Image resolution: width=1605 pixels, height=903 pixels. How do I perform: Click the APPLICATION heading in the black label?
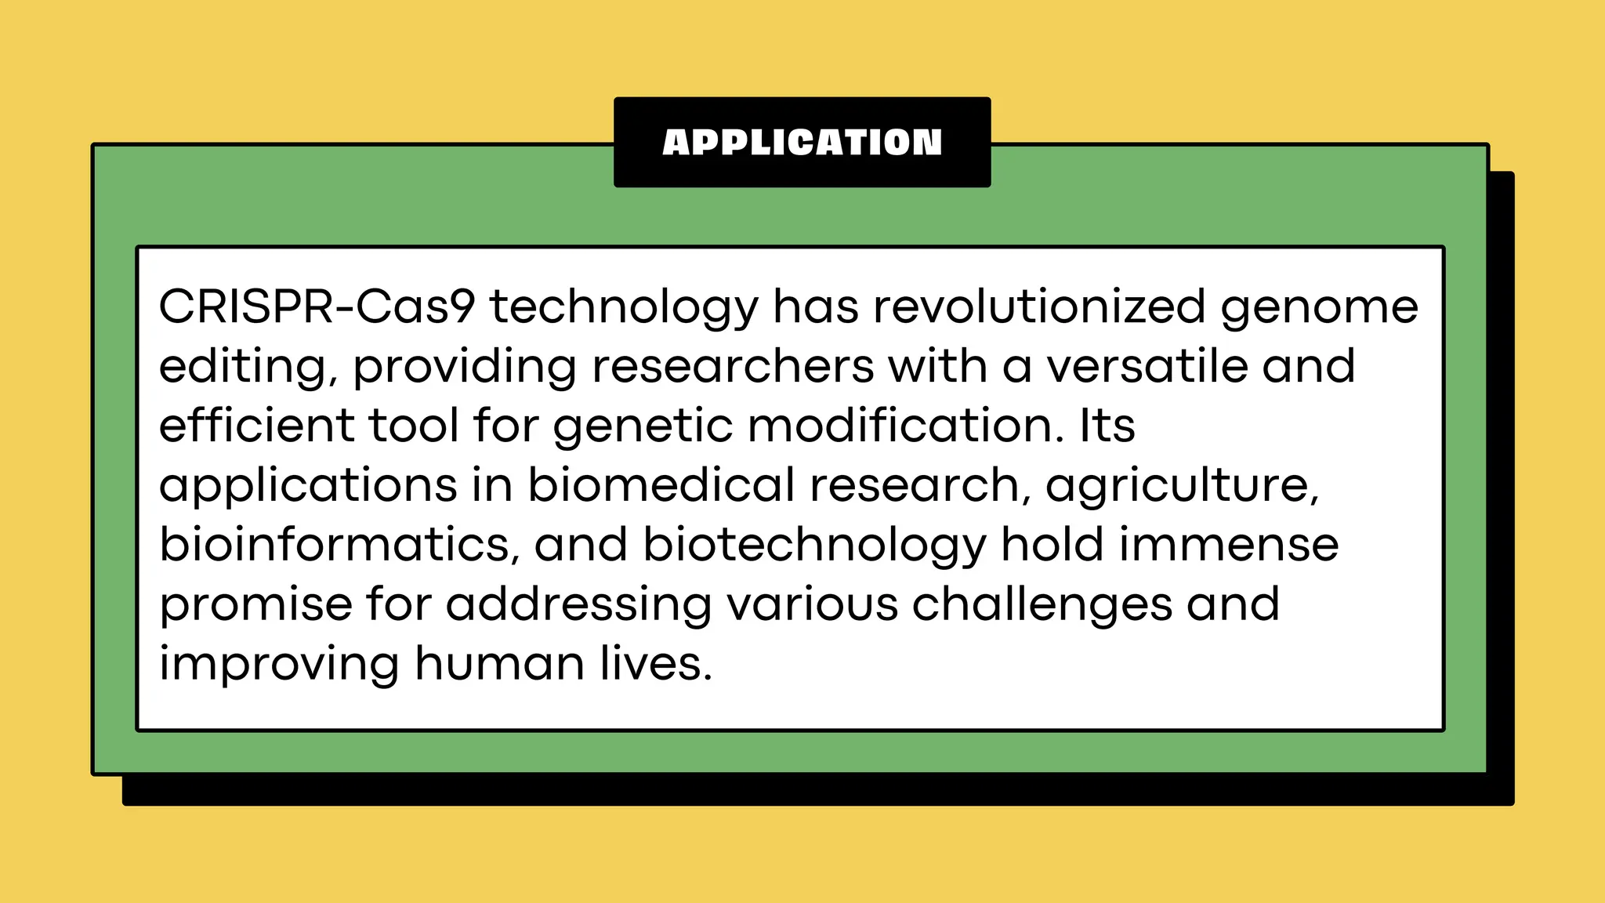click(802, 143)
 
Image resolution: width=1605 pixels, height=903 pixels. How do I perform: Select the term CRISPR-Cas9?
click(317, 306)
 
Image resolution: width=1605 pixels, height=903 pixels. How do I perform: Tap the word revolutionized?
click(1039, 306)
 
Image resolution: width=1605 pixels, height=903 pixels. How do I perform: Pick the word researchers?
click(733, 366)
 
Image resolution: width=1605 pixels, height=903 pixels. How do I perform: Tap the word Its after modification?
click(1107, 426)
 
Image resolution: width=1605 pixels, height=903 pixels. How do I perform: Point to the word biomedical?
click(661, 485)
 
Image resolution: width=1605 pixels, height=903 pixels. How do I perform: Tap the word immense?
click(1229, 545)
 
